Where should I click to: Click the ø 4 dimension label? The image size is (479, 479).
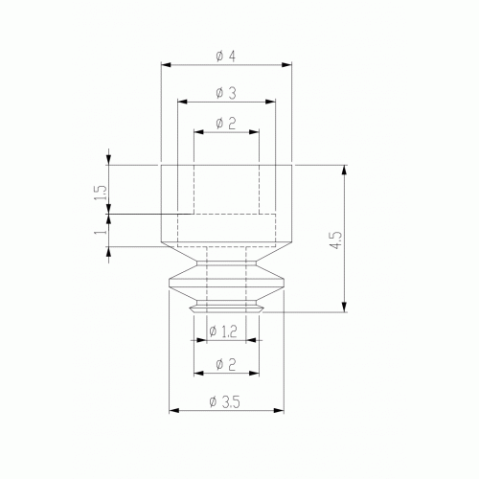[x=225, y=57]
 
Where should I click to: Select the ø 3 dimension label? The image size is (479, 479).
[x=225, y=93]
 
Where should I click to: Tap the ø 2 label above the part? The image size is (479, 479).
[x=225, y=124]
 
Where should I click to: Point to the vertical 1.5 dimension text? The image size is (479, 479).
[x=101, y=193]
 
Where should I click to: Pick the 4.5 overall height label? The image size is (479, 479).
[x=336, y=240]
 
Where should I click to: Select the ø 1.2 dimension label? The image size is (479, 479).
[x=223, y=331]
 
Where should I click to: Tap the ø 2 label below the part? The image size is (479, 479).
[x=225, y=364]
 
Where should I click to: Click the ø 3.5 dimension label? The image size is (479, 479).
[x=224, y=402]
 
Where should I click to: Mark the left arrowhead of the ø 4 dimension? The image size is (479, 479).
[x=167, y=65]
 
